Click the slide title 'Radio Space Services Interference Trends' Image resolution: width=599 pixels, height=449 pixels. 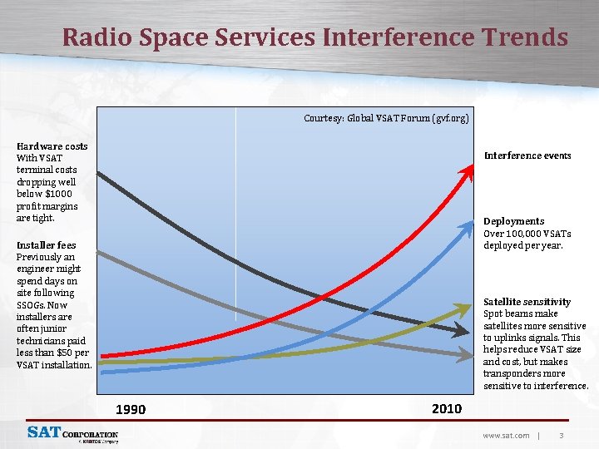(315, 37)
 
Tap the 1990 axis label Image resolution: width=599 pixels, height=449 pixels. (131, 409)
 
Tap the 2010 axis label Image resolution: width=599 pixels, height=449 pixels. (447, 408)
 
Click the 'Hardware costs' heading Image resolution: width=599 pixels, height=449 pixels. (52, 146)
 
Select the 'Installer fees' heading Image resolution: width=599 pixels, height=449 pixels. (47, 245)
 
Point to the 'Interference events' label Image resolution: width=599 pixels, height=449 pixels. (527, 155)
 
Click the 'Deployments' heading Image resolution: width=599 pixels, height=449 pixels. (514, 221)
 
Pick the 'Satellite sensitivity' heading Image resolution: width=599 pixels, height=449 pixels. (527, 302)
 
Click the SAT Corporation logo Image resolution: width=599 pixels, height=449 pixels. (72, 434)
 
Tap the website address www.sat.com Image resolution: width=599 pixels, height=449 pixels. (506, 435)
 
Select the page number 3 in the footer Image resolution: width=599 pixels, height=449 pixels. (562, 435)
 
